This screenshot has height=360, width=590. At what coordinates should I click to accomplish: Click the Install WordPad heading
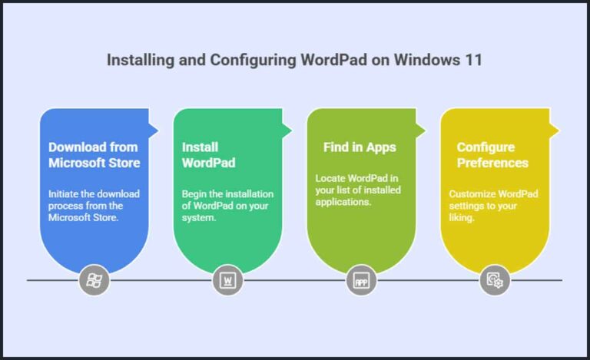(208, 154)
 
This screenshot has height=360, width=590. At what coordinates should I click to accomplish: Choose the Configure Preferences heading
(492, 154)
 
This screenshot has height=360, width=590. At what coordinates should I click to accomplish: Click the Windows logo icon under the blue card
(94, 280)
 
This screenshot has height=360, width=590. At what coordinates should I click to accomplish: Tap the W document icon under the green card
(227, 280)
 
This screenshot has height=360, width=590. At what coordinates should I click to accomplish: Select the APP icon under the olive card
(361, 280)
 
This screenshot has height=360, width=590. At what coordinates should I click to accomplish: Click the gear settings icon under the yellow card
(495, 280)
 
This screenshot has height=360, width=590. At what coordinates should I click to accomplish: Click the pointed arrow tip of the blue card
(156, 129)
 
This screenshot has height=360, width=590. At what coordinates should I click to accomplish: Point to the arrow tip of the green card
(290, 129)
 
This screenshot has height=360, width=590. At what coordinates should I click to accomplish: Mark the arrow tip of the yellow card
(557, 129)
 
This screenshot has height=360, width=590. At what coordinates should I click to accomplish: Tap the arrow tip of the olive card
(423, 129)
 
